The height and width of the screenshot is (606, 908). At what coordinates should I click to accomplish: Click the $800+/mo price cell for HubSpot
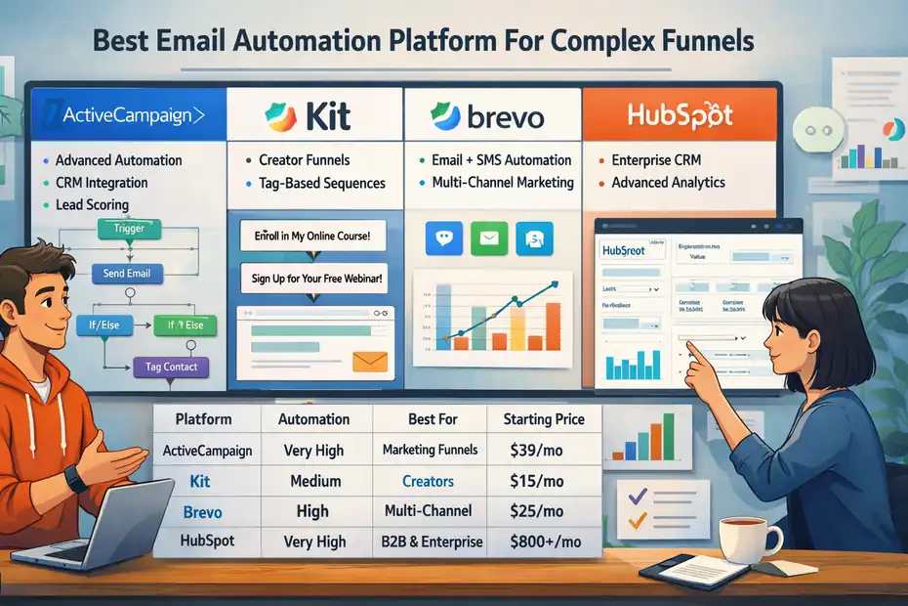pyautogui.click(x=545, y=541)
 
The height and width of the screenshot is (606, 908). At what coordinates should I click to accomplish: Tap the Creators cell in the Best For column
pyautogui.click(x=428, y=481)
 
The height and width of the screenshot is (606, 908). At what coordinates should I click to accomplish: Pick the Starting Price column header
pyautogui.click(x=544, y=419)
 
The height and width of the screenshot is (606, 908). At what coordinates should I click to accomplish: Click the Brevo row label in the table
pyautogui.click(x=202, y=512)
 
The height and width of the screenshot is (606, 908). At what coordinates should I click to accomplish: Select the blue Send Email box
pyautogui.click(x=127, y=274)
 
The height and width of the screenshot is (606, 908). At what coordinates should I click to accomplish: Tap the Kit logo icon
pyautogui.click(x=281, y=118)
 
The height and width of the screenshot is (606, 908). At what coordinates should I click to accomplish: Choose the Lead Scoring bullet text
pyautogui.click(x=92, y=205)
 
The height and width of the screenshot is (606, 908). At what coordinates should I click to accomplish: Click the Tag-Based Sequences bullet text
pyautogui.click(x=322, y=184)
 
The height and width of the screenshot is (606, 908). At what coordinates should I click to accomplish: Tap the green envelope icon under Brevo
pyautogui.click(x=489, y=238)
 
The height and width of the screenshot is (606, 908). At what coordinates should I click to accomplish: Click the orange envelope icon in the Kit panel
pyautogui.click(x=371, y=363)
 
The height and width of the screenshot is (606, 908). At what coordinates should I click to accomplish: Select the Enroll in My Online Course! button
pyautogui.click(x=312, y=238)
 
